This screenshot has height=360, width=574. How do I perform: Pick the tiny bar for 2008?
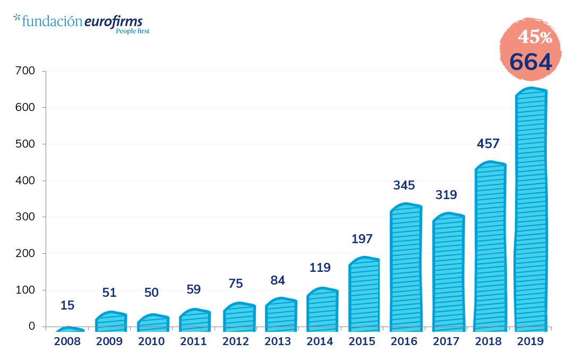pyautogui.click(x=70, y=329)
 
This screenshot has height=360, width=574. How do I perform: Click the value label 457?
pyautogui.click(x=488, y=144)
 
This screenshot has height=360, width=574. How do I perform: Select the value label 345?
pyautogui.click(x=404, y=185)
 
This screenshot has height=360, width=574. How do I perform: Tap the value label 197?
pyautogui.click(x=362, y=239)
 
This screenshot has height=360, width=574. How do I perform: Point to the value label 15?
pyautogui.click(x=67, y=305)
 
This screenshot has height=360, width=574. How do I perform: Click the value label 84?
pyautogui.click(x=278, y=280)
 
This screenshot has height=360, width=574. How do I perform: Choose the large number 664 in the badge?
pyautogui.click(x=530, y=62)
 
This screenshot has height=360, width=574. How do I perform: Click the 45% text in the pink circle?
pyautogui.click(x=535, y=37)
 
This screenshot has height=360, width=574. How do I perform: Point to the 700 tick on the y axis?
pyautogui.click(x=24, y=71)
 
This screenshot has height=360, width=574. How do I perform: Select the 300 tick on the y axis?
pyautogui.click(x=24, y=217)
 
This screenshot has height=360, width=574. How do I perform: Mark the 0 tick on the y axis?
pyautogui.click(x=31, y=327)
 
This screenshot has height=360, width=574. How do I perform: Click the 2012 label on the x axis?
pyautogui.click(x=236, y=341)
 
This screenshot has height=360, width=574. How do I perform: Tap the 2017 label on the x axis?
pyautogui.click(x=446, y=341)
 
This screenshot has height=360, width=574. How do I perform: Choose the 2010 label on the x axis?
pyautogui.click(x=151, y=341)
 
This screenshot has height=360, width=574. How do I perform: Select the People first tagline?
pyautogui.click(x=132, y=31)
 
